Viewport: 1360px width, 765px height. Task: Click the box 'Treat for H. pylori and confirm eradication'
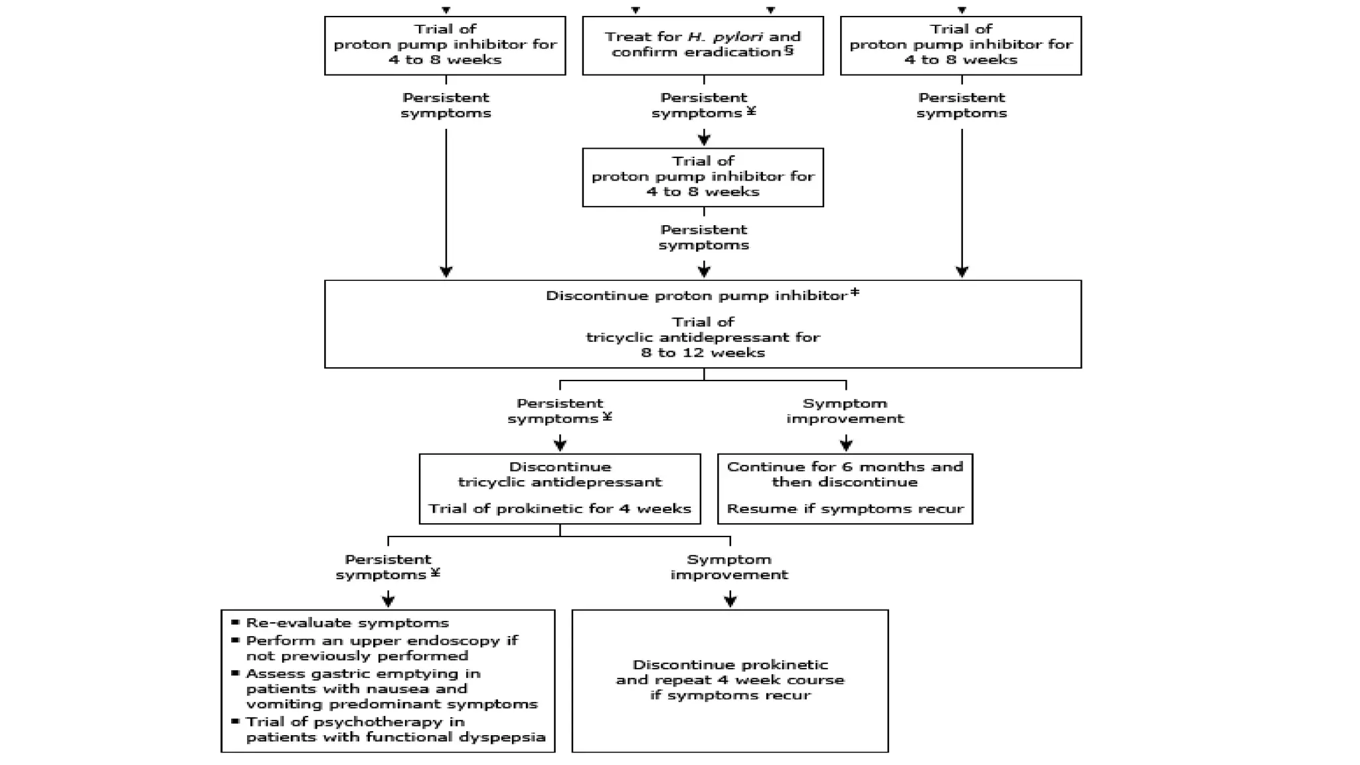(703, 45)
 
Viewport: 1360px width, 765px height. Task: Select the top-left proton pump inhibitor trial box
(445, 45)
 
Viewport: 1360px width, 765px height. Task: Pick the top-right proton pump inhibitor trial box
(960, 45)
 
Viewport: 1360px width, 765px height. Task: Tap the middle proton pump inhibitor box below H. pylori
(703, 177)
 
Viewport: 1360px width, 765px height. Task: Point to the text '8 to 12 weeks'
(703, 353)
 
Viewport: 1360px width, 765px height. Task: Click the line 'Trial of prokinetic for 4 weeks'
(559, 509)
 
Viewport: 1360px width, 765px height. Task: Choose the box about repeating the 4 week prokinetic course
(730, 680)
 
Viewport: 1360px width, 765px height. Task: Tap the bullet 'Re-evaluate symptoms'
(347, 623)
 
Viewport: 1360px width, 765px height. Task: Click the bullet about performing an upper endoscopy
(381, 648)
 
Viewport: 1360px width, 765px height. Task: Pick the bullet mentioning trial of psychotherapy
(394, 729)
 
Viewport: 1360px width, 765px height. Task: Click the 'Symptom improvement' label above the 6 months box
(845, 411)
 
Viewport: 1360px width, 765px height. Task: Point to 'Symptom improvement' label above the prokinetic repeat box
(729, 567)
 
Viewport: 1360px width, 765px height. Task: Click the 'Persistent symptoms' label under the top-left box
(445, 106)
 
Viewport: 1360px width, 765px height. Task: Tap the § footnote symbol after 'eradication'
(789, 50)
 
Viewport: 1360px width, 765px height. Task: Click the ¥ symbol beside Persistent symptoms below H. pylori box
(751, 111)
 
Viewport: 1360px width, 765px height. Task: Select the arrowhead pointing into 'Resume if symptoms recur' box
(846, 445)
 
